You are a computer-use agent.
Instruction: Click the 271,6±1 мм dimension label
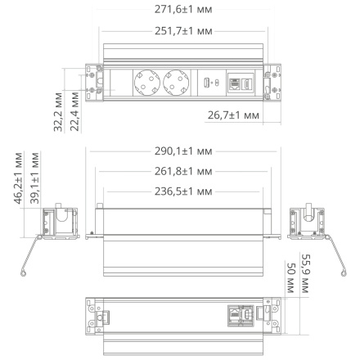tap(179, 11)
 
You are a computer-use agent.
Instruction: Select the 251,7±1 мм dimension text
tap(179, 30)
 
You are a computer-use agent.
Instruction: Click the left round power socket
tap(146, 82)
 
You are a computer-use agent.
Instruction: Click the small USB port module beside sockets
tap(209, 82)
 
